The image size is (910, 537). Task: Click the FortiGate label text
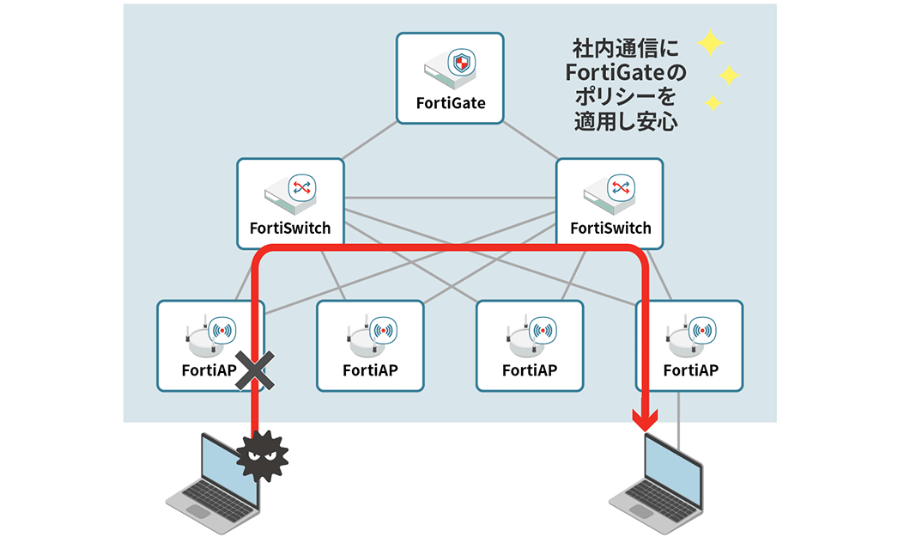[x=451, y=103]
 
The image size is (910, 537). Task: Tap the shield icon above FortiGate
[x=463, y=63]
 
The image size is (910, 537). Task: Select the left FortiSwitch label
[x=289, y=229]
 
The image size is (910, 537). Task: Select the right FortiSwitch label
[x=610, y=229]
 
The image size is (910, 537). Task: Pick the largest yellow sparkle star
[x=711, y=43]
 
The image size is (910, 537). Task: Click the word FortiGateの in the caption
[x=621, y=71]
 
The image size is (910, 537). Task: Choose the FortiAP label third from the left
[x=530, y=370]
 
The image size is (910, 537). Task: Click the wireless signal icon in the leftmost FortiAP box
[x=223, y=329]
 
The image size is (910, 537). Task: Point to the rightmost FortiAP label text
[x=690, y=370]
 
